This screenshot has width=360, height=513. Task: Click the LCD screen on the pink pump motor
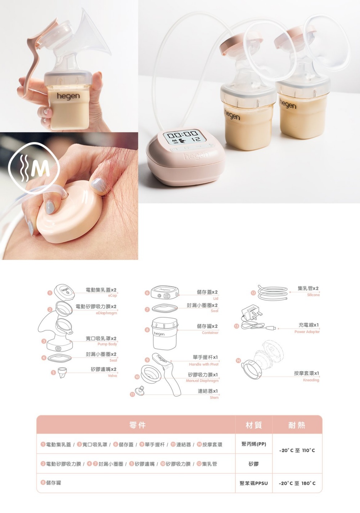[181, 138]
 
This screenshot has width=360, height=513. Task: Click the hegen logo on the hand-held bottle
[68, 96]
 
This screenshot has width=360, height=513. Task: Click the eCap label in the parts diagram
[112, 296]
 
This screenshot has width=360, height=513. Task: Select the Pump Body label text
[107, 344]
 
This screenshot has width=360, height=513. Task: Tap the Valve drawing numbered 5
[61, 373]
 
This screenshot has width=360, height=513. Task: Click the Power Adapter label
[307, 332]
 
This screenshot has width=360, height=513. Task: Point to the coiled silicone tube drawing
[273, 292]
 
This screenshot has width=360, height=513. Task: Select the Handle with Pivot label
[204, 364]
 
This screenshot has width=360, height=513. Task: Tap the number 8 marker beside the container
[147, 330]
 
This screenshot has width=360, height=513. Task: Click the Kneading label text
[311, 380]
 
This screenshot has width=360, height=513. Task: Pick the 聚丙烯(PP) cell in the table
[254, 444]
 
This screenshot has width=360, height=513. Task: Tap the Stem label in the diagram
[214, 397]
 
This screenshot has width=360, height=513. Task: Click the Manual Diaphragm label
[202, 381]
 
